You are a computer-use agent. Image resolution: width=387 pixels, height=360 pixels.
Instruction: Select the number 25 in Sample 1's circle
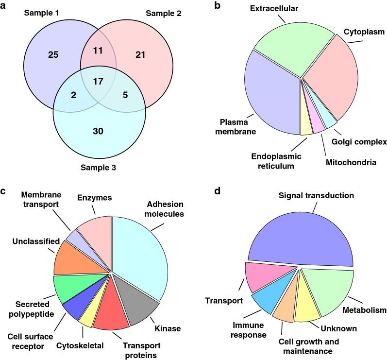tap(53, 54)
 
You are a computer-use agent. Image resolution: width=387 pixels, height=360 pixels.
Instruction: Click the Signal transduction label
tap(316, 195)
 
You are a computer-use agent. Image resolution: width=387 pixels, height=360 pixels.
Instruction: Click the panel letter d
tap(217, 191)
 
